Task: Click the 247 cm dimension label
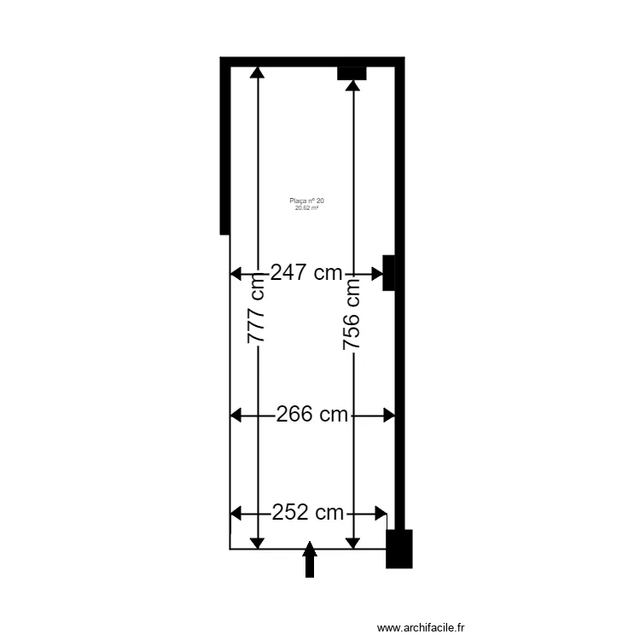point(306,274)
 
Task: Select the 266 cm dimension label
point(312,416)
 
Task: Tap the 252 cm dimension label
point(308,514)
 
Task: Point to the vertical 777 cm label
point(257,313)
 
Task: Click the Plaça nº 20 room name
point(306,201)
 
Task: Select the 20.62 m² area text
point(306,207)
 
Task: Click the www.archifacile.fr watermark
point(422,627)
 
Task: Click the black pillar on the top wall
point(352,73)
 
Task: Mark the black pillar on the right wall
point(388,272)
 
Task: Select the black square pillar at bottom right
point(399,549)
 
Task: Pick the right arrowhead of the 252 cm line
point(381,514)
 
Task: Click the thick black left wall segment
point(225,145)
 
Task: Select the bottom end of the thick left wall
point(225,231)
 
